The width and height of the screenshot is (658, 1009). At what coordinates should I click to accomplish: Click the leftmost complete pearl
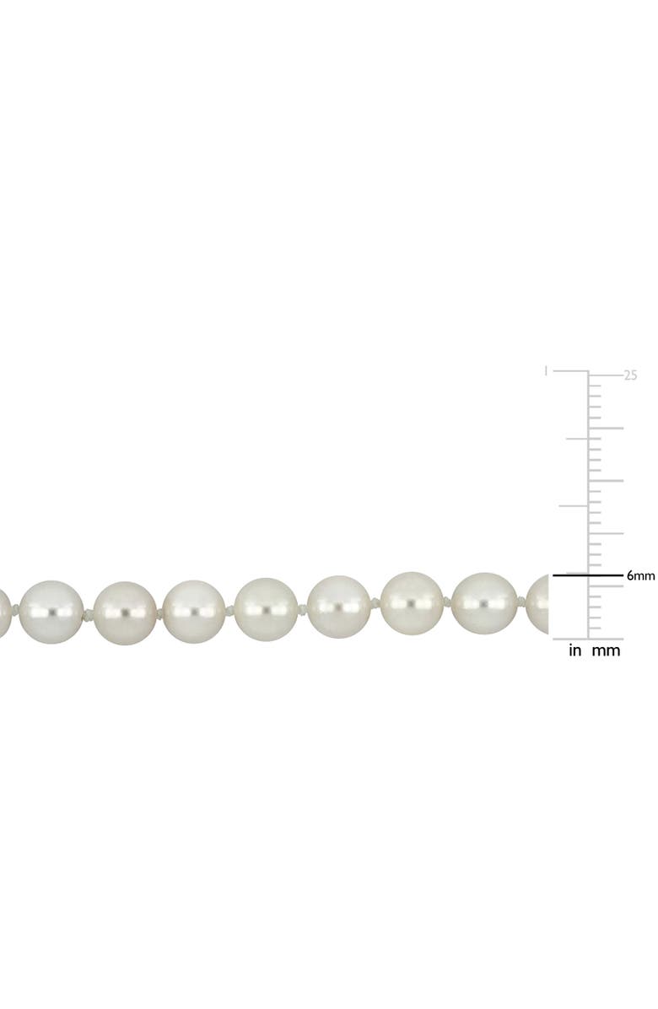pyautogui.click(x=51, y=612)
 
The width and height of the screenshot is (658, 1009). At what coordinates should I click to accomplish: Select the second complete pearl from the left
pyautogui.click(x=124, y=612)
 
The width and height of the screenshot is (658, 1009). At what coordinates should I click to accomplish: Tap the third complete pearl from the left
pyautogui.click(x=194, y=612)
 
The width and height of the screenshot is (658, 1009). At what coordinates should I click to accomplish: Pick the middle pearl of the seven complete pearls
pyautogui.click(x=266, y=609)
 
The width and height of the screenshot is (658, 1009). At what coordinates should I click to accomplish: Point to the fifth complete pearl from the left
pyautogui.click(x=338, y=607)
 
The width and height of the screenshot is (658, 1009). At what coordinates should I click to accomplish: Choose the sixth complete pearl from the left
pyautogui.click(x=412, y=604)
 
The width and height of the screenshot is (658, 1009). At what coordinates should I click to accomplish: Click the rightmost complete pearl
pyautogui.click(x=483, y=603)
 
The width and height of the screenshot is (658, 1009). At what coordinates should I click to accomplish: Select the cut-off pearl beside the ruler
pyautogui.click(x=538, y=603)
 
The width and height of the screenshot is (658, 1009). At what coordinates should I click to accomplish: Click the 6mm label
pyautogui.click(x=640, y=576)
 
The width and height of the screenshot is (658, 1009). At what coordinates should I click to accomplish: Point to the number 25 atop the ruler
pyautogui.click(x=630, y=376)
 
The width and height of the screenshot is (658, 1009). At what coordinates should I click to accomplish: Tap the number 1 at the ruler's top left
pyautogui.click(x=547, y=370)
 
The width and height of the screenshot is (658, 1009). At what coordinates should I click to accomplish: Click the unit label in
pyautogui.click(x=575, y=650)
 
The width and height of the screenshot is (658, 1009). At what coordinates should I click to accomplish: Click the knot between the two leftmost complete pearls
pyautogui.click(x=88, y=614)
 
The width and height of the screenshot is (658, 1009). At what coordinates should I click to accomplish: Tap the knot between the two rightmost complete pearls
pyautogui.click(x=448, y=602)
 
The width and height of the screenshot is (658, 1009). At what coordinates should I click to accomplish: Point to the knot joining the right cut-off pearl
pyautogui.click(x=520, y=602)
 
